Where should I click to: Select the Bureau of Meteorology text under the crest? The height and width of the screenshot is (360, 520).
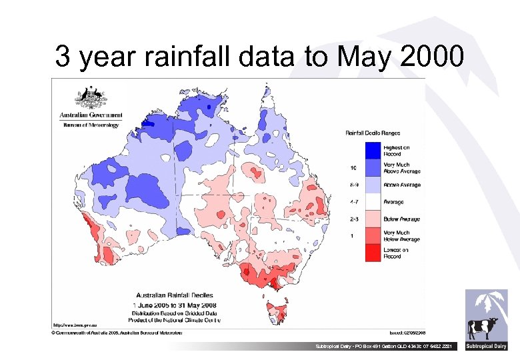click(91, 124)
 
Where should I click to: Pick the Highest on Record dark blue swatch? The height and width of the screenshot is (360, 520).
click(373, 150)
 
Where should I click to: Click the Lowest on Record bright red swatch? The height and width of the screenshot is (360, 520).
click(373, 253)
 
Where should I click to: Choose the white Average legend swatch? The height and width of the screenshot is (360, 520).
click(373, 201)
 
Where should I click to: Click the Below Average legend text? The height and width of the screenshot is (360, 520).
click(402, 219)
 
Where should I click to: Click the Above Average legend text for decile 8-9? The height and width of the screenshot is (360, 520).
click(402, 185)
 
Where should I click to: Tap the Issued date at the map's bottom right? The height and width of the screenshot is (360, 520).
click(407, 331)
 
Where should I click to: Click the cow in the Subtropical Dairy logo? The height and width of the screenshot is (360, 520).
click(480, 328)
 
